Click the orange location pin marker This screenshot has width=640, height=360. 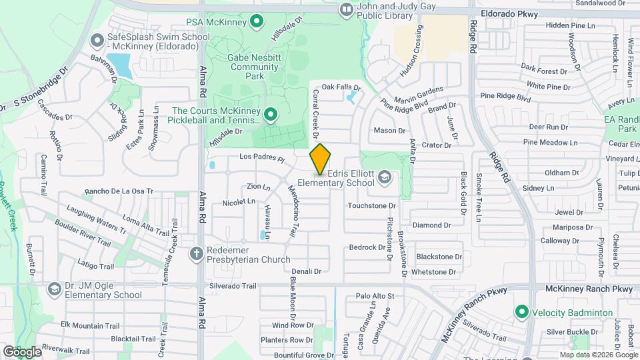(x=321, y=159)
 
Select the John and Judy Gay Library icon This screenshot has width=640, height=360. (x=346, y=9)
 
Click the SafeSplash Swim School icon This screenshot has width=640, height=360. (x=97, y=41)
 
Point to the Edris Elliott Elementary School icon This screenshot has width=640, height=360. (x=384, y=177)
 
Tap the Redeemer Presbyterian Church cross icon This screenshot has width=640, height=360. (x=196, y=253)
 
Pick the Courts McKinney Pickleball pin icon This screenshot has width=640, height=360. (x=271, y=115)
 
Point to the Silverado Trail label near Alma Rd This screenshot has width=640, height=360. (x=233, y=286)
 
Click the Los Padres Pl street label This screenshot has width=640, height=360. (x=263, y=159)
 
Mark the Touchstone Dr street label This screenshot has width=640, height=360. (x=371, y=205)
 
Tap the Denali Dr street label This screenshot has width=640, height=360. (x=307, y=271)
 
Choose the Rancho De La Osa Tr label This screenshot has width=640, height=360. (x=115, y=191)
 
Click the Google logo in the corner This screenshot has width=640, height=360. (x=21, y=351)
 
